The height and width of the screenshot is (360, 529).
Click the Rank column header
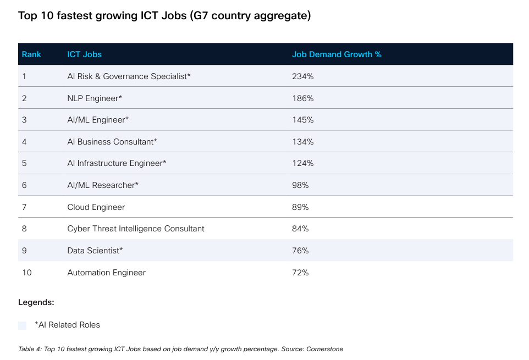click(x=31, y=54)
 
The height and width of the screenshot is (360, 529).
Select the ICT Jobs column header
click(x=84, y=54)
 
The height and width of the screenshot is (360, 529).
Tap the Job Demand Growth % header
click(x=337, y=54)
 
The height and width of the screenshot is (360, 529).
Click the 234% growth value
click(x=302, y=76)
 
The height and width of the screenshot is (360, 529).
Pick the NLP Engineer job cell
click(x=95, y=98)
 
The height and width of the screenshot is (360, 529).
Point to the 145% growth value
click(x=302, y=120)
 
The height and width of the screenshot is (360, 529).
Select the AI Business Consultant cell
click(x=112, y=142)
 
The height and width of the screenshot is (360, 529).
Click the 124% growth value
click(x=302, y=163)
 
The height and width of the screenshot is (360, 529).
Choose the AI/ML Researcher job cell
click(x=103, y=185)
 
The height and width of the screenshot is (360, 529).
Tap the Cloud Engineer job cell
click(x=96, y=207)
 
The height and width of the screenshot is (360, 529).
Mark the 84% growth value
click(x=300, y=229)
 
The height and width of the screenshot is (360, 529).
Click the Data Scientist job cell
click(x=95, y=251)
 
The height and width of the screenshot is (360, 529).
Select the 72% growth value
click(x=300, y=273)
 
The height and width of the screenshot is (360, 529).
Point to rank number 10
click(x=27, y=273)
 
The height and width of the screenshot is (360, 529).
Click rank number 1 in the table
click(x=24, y=76)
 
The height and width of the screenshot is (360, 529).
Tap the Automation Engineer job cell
click(x=106, y=273)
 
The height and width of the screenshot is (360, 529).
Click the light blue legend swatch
click(x=22, y=325)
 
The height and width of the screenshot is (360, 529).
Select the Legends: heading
click(x=36, y=302)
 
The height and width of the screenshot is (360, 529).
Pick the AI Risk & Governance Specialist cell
click(x=129, y=76)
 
